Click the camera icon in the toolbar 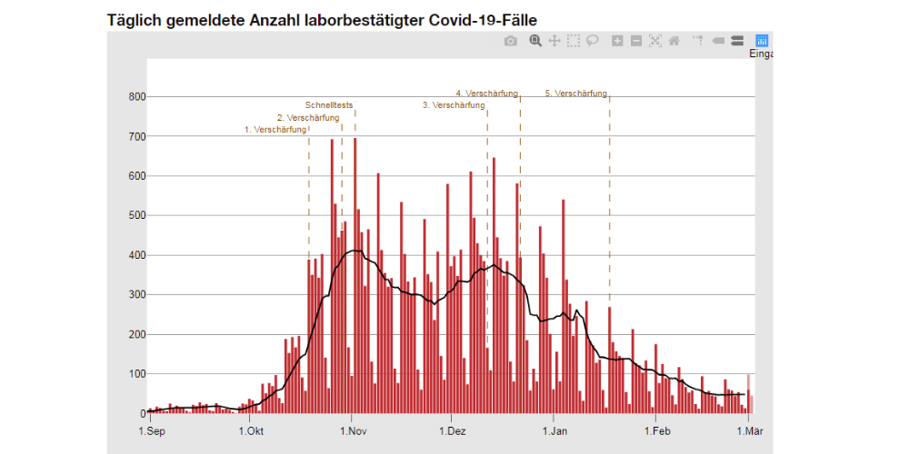tap(511, 41)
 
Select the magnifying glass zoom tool tap(535, 41)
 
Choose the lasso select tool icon tap(593, 41)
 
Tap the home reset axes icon tap(674, 41)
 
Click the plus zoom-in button tap(618, 41)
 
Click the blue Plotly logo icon tap(762, 41)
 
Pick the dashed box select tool tap(574, 41)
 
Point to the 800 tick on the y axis tap(136, 96)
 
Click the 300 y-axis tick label tap(136, 295)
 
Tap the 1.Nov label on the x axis tap(355, 430)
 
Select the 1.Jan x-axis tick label tap(554, 430)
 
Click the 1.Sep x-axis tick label tap(151, 430)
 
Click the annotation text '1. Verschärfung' tap(275, 130)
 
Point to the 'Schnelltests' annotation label tap(328, 105)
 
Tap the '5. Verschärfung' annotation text tap(576, 94)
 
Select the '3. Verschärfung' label tap(454, 105)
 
